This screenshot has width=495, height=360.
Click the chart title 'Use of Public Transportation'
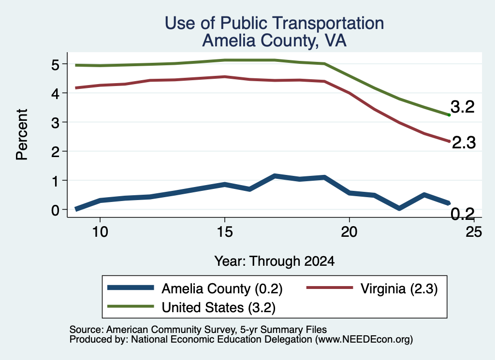[275, 23]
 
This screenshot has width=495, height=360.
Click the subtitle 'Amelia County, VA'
[275, 41]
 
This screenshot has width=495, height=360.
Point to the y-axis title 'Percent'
[22, 134]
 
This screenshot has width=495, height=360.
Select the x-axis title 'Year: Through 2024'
[275, 261]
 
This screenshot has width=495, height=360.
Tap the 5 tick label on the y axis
[55, 65]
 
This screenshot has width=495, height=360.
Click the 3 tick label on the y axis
[55, 123]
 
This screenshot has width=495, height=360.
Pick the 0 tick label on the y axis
[55, 210]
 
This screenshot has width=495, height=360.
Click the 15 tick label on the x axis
[225, 232]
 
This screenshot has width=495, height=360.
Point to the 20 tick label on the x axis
[349, 232]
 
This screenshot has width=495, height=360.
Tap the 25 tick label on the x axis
[474, 232]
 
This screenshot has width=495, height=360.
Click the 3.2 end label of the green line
[463, 107]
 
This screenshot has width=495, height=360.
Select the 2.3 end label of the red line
[464, 143]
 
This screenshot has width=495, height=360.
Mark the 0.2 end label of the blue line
[463, 214]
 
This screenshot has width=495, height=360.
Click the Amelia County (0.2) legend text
[222, 288]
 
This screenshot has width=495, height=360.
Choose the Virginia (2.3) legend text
[399, 288]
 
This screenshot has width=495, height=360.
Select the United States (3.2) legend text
[218, 308]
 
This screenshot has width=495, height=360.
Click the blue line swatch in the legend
[131, 288]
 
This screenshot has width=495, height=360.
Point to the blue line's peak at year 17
[275, 176]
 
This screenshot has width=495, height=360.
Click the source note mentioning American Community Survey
[198, 330]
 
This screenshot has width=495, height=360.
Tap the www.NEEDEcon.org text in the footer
[364, 340]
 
